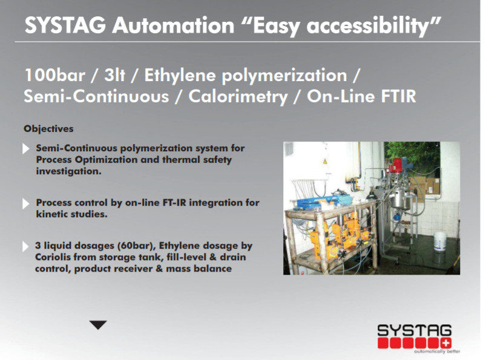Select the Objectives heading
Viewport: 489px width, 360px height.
click(x=48, y=129)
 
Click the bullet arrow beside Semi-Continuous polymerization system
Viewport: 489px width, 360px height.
click(x=26, y=149)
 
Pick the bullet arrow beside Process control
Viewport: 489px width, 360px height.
click(x=26, y=203)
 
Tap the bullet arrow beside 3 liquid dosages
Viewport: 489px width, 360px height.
click(x=26, y=247)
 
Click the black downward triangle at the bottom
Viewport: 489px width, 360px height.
click(x=98, y=325)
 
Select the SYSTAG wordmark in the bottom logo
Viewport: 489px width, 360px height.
click(x=415, y=330)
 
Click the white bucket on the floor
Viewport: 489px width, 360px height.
click(x=440, y=243)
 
